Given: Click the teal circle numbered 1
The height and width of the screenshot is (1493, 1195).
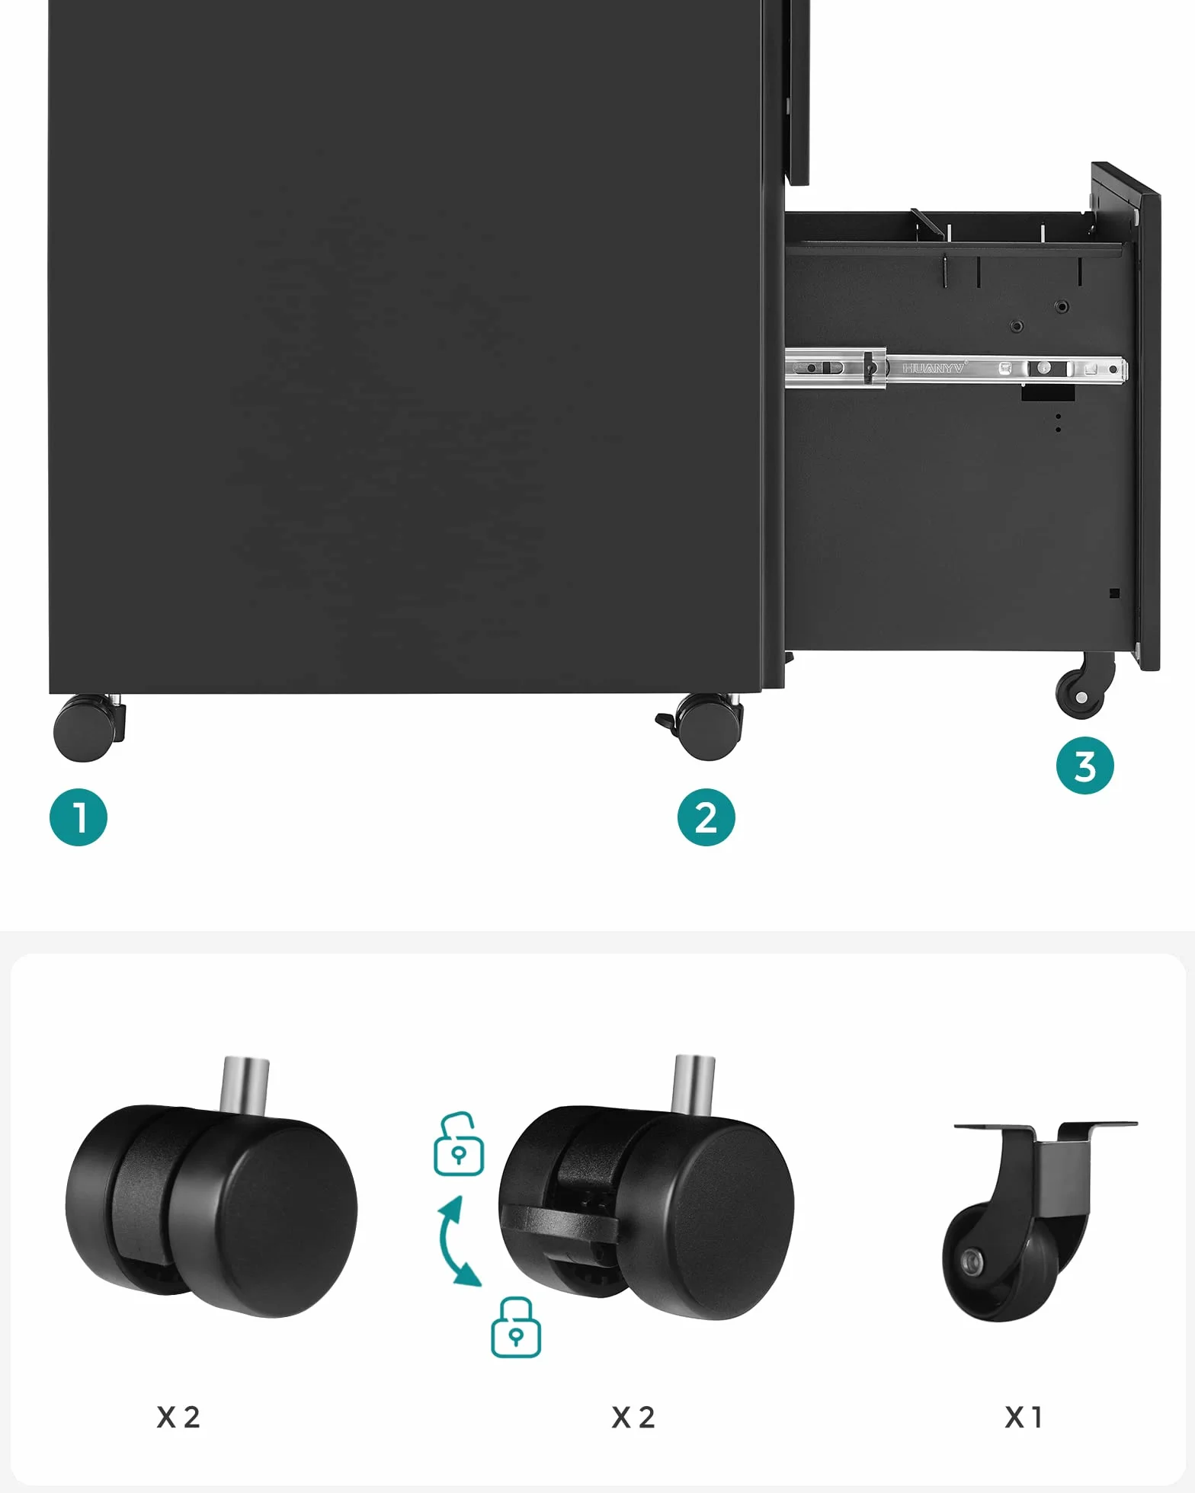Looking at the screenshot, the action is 78,817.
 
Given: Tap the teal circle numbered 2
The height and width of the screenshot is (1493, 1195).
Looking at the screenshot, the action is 706,817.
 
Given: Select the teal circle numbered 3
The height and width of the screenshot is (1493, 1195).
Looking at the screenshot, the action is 1085,766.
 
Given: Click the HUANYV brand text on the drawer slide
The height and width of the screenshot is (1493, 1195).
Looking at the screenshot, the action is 934,369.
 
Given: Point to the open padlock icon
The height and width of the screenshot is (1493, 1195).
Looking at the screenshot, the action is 459,1144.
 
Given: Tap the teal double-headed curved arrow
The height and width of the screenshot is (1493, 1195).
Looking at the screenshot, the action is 458,1241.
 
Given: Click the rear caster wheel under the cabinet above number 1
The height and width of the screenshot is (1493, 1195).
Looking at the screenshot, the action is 88,727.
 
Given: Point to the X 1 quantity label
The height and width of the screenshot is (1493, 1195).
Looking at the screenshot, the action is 1023,1418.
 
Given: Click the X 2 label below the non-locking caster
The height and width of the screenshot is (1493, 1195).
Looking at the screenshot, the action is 178,1418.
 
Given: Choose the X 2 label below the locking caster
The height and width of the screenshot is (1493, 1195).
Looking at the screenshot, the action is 633,1418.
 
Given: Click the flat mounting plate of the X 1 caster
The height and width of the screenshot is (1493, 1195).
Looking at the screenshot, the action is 1046,1126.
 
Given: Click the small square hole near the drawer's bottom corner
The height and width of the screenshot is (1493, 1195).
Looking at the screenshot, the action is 1114,593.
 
